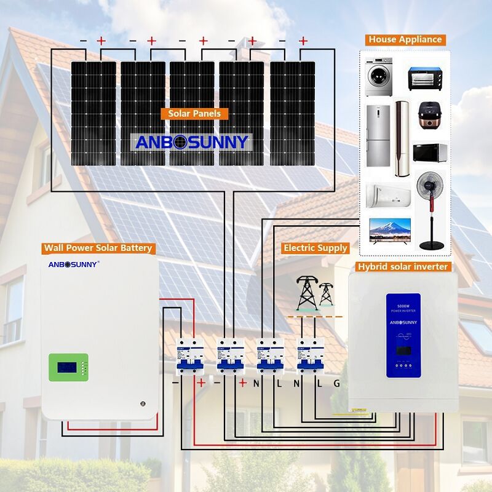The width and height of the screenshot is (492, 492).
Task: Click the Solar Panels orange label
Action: (x=194, y=113)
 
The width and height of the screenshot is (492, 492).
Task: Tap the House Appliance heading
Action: (x=405, y=39)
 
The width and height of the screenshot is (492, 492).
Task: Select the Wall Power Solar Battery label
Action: (x=98, y=248)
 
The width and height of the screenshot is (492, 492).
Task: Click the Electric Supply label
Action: (x=315, y=248)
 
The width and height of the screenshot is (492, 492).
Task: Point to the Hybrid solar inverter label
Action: (x=403, y=266)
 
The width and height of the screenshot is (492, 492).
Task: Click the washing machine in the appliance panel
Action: (x=379, y=77)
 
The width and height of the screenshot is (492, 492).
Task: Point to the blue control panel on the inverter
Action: (x=403, y=335)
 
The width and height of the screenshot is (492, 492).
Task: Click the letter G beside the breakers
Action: (x=336, y=383)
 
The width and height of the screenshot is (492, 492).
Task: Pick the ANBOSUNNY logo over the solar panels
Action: (x=192, y=142)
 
